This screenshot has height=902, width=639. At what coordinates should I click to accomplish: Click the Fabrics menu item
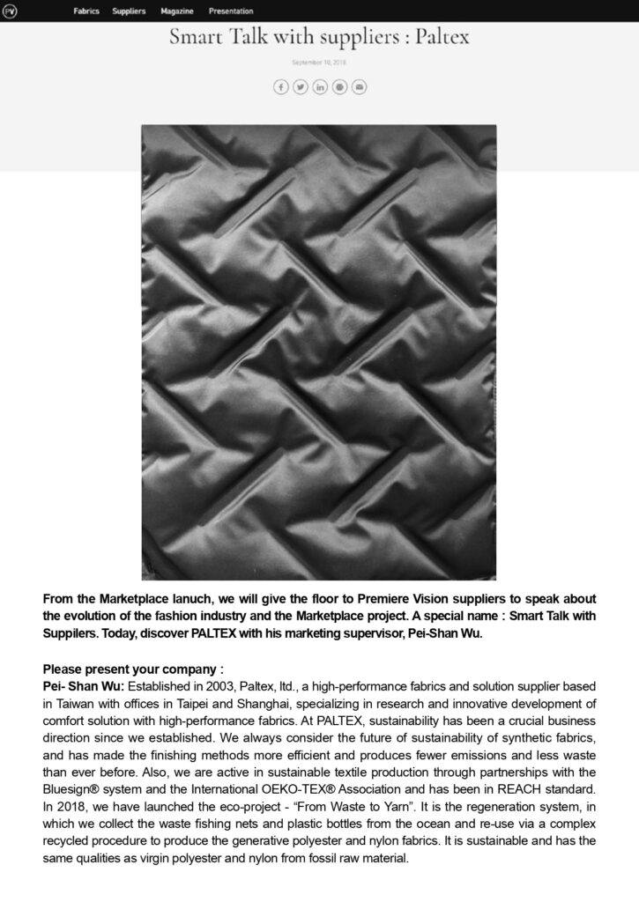click(86, 11)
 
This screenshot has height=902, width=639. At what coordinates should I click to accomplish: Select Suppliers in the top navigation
click(130, 11)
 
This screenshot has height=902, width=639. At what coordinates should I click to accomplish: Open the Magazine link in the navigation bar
click(177, 11)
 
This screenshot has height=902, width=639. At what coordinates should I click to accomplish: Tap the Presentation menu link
click(231, 11)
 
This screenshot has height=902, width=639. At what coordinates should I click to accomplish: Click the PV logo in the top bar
click(11, 11)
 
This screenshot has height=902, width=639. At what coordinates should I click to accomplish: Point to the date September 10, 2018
click(319, 63)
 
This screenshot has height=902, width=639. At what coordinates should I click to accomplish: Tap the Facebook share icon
click(281, 86)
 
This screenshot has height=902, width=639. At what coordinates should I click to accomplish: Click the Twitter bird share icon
click(301, 86)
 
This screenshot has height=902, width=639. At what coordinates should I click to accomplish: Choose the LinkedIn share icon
click(320, 86)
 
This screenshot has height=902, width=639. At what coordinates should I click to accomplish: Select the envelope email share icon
click(359, 86)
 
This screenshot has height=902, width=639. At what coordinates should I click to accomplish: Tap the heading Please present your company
click(132, 669)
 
